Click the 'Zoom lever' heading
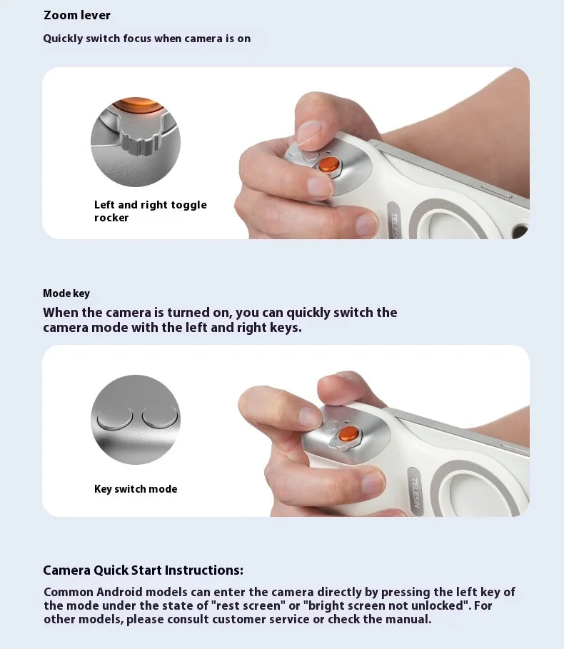(77, 15)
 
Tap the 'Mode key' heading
(66, 293)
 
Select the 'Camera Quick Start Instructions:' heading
(143, 570)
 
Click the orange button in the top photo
(329, 165)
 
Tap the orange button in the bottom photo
(349, 433)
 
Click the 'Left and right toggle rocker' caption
(150, 211)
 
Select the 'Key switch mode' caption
(136, 489)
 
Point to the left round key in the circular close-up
(115, 416)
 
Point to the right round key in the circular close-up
(160, 416)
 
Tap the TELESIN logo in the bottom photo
(416, 493)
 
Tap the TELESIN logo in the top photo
(395, 224)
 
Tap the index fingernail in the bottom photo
(309, 417)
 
